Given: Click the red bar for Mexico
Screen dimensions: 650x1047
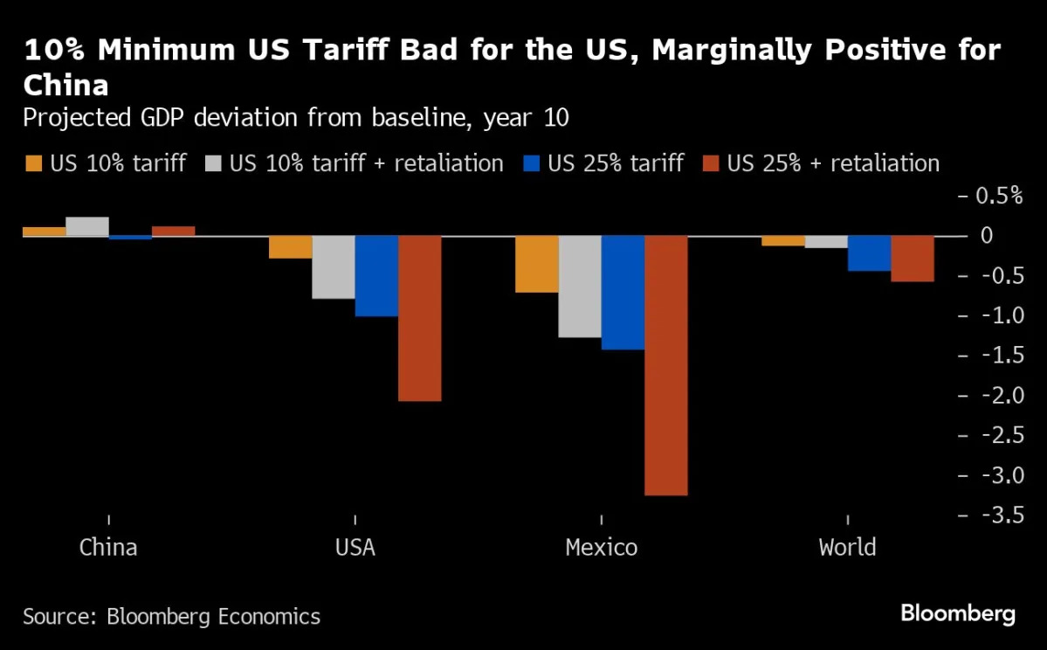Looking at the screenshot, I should tap(666, 365).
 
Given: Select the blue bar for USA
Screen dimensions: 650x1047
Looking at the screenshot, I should tap(376, 276).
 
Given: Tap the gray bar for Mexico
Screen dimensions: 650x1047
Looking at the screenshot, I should tap(580, 287).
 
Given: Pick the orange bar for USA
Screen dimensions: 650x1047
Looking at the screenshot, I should tap(290, 247).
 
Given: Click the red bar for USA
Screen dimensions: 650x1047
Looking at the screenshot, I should tap(420, 318).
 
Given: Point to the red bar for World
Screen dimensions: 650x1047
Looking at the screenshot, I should tap(913, 259).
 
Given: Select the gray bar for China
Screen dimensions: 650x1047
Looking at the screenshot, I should tap(87, 226).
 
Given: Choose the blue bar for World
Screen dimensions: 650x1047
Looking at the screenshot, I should tap(869, 253).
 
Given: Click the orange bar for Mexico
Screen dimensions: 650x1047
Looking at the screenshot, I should tap(536, 264).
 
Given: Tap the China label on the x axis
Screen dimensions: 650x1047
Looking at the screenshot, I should tap(108, 548).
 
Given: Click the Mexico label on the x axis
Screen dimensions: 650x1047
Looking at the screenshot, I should tap(601, 548).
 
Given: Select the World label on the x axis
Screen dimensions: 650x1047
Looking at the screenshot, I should tap(847, 548).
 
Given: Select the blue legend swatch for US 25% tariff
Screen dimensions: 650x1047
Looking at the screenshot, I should tap(532, 163).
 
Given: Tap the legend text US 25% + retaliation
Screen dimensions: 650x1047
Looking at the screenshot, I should tap(833, 163).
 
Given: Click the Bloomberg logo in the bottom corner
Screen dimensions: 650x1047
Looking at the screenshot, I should tap(958, 614).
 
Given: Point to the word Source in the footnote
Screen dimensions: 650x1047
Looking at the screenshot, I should tap(58, 616).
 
